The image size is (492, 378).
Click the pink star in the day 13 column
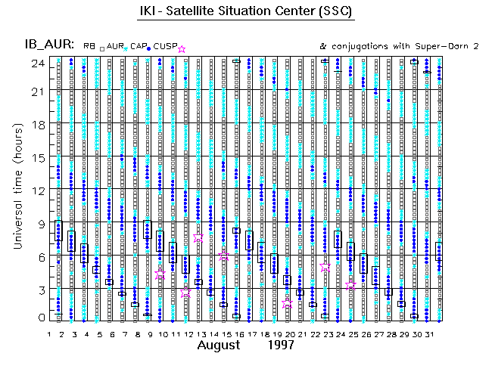pos(198,237)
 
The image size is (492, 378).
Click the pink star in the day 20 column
pos(287,303)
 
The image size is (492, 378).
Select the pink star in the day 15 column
pos(223,256)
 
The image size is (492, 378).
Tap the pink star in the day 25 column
pos(350,285)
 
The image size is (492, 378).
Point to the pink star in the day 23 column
pos(325,268)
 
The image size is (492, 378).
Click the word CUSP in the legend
pos(166,47)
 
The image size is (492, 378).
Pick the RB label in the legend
pos(89,47)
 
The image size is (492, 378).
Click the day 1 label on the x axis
pos(50,333)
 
